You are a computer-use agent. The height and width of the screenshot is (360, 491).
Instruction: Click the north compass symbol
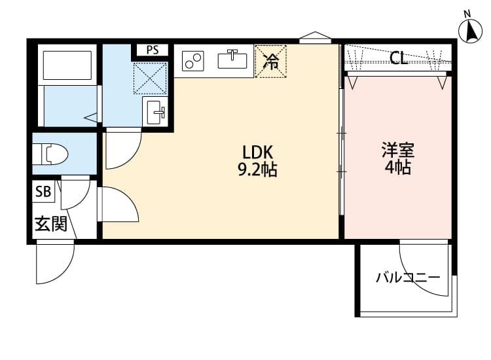pos(469,29)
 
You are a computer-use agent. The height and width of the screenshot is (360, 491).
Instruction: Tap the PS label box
pos(152,50)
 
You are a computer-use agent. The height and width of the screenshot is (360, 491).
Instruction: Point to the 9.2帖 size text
pos(256,170)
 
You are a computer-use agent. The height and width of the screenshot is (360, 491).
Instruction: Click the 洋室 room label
pos(398,149)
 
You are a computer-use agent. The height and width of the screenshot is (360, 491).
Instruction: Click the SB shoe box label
pos(43,192)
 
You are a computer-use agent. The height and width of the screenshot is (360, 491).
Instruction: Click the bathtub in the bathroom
pos(67,65)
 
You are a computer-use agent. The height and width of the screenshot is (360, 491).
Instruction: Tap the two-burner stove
pos(193,61)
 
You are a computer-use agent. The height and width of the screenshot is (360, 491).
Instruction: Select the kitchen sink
pos(232,60)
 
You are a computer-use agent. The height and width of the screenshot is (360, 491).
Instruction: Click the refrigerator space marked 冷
pos(270,62)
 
